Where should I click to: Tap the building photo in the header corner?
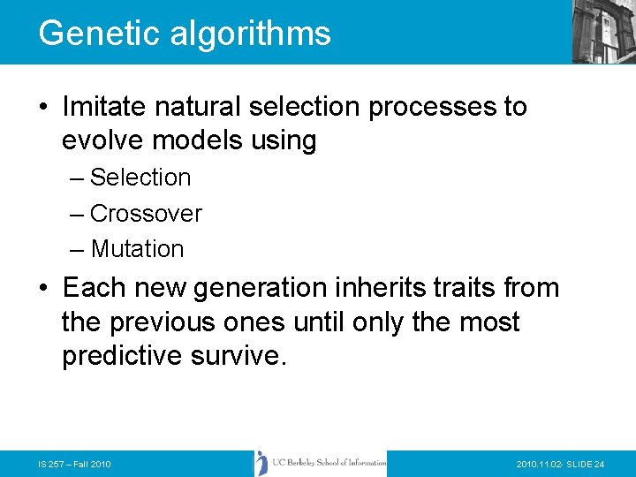pos(603,31)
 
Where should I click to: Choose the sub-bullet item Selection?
pos(140,178)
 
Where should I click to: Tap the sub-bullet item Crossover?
pos(146,214)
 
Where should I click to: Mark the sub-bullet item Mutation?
pos(137,250)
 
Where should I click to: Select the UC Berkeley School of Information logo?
pos(321,463)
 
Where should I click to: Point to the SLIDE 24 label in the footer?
pos(585,465)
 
